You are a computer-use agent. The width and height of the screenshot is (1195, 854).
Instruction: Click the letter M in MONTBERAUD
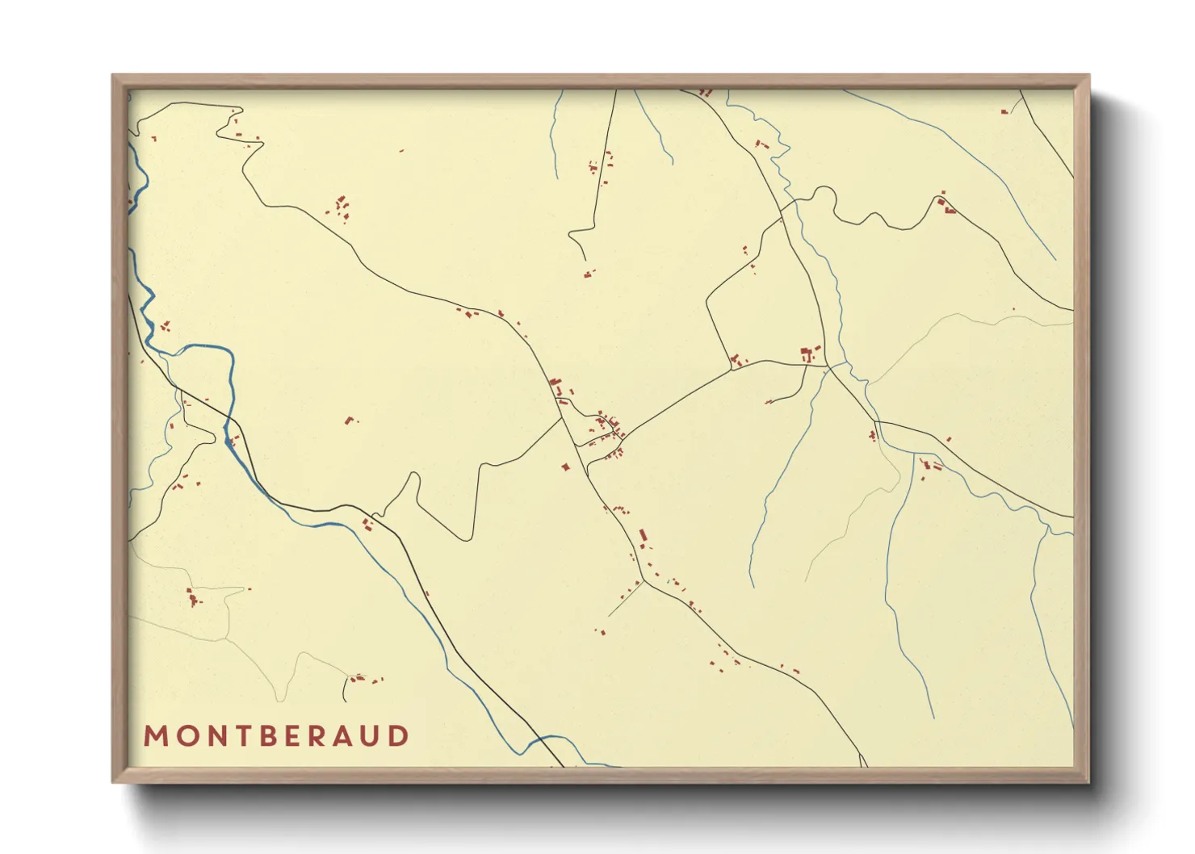click(155, 736)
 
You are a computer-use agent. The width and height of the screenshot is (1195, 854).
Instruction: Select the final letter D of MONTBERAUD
click(398, 736)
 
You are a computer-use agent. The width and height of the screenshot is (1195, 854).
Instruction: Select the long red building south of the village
click(643, 536)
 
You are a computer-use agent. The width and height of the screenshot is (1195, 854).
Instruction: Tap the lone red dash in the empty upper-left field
click(401, 150)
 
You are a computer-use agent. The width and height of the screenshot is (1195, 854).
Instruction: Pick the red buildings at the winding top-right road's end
click(946, 207)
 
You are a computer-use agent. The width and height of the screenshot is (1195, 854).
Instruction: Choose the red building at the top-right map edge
click(1004, 111)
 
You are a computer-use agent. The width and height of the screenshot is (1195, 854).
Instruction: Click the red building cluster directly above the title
click(356, 678)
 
